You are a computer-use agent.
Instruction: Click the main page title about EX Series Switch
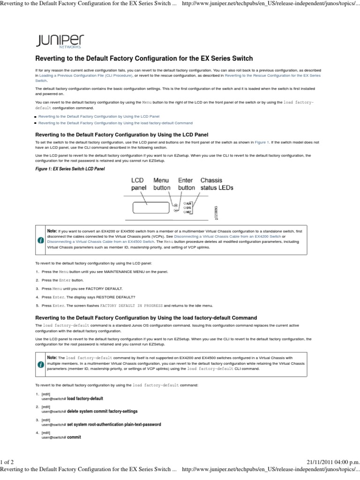[144, 59]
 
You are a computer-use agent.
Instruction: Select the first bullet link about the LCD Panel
[99, 115]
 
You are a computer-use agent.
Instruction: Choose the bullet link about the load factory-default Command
[115, 123]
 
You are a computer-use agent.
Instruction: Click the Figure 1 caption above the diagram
[67, 168]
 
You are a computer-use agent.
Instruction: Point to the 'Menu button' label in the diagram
[163, 184]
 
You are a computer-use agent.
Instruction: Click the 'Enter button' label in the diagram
[187, 184]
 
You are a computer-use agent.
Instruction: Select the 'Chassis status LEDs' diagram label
[217, 184]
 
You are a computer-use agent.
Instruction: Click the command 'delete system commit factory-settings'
[102, 411]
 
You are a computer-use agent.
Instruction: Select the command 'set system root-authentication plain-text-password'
[114, 424]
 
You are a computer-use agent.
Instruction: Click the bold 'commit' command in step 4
[74, 437]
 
